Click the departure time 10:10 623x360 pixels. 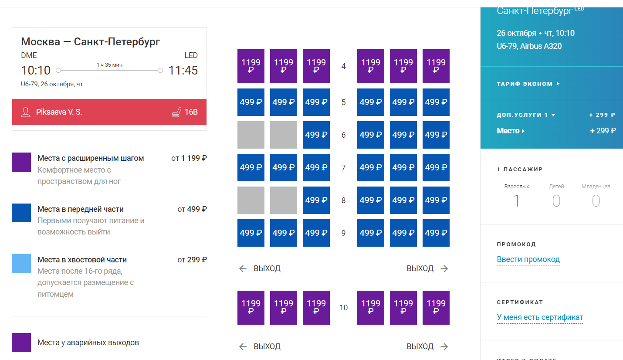(x=36, y=70)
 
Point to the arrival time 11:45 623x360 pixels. (x=183, y=70)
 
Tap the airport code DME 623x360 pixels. (x=29, y=55)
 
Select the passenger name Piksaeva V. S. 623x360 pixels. (x=59, y=112)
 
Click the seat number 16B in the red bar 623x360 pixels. (x=191, y=112)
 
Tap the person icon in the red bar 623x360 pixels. (x=26, y=112)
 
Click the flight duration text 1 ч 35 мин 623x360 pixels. (x=109, y=65)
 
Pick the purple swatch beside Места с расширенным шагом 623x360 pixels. (x=21, y=162)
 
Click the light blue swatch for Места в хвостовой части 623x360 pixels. (x=21, y=264)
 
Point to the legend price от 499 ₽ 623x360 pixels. (x=192, y=209)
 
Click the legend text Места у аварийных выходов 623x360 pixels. (x=88, y=343)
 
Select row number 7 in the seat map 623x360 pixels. (x=343, y=167)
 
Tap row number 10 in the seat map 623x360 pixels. (x=343, y=308)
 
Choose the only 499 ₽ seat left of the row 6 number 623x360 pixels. (x=316, y=135)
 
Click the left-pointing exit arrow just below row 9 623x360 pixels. (x=243, y=268)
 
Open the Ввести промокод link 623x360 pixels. (x=528, y=259)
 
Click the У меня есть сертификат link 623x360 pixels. (x=540, y=317)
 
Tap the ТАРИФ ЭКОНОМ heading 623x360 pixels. (x=525, y=84)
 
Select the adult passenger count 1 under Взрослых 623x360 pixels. (x=516, y=201)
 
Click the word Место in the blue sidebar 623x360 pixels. (x=508, y=131)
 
